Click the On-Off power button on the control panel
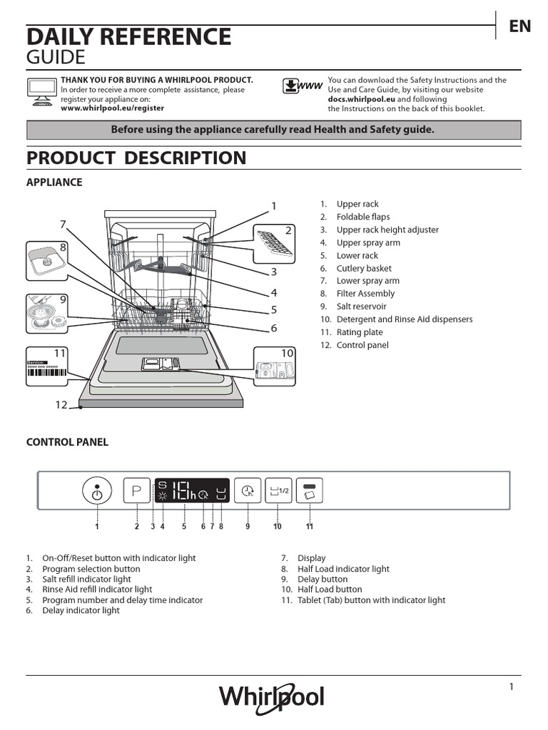(x=97, y=490)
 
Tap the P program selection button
(x=136, y=490)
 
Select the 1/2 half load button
(x=278, y=490)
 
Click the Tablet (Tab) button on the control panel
(x=310, y=490)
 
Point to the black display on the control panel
(x=192, y=490)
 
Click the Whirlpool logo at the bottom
(x=271, y=696)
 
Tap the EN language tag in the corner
(x=520, y=26)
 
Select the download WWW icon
(x=301, y=87)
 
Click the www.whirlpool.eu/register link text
(x=112, y=108)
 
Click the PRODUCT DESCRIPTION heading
(x=136, y=158)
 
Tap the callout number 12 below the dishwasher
(x=61, y=405)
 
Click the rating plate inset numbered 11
(x=48, y=367)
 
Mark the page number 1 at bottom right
(x=512, y=687)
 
